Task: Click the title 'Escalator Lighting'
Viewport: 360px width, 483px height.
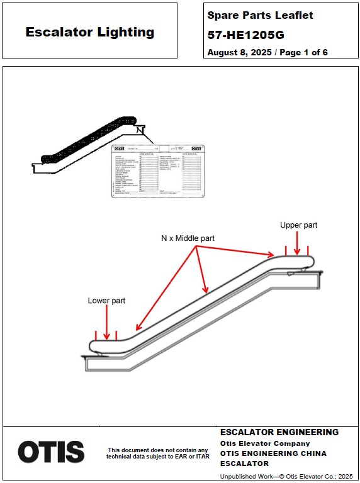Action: pyautogui.click(x=89, y=32)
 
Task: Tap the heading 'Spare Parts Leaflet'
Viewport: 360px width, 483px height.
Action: pyautogui.click(x=260, y=15)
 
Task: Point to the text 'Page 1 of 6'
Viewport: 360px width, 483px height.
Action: pyautogui.click(x=303, y=53)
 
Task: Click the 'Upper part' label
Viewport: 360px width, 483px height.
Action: pyautogui.click(x=298, y=225)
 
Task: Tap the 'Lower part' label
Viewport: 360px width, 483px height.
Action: pyautogui.click(x=106, y=301)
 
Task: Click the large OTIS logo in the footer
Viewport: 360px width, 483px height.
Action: pyautogui.click(x=51, y=452)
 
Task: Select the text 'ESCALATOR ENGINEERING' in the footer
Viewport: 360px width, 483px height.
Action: pyautogui.click(x=279, y=433)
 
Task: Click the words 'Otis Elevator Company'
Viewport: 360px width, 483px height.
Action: pyautogui.click(x=265, y=443)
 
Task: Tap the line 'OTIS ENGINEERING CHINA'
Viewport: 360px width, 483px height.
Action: pyautogui.click(x=273, y=453)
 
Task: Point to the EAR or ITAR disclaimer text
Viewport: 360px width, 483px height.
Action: pyautogui.click(x=158, y=453)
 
